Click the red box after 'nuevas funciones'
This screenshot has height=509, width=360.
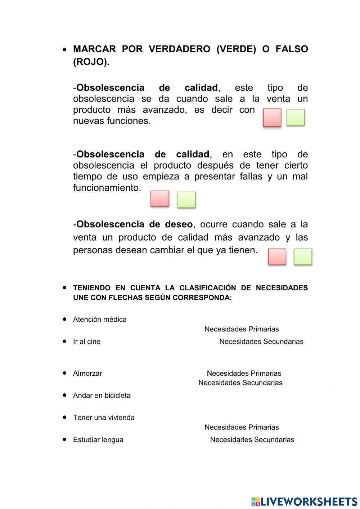click(272, 118)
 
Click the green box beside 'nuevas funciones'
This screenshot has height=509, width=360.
click(296, 117)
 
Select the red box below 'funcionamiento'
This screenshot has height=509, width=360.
click(160, 198)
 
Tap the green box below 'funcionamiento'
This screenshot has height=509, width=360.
click(186, 200)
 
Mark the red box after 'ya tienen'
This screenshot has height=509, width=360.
click(277, 257)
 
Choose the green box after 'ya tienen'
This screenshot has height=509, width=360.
click(303, 257)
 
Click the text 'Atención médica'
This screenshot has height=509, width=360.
click(100, 320)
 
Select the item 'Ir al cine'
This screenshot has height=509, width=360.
click(87, 341)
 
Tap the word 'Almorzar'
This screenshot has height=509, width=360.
click(87, 374)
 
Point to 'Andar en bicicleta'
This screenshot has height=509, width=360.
click(102, 396)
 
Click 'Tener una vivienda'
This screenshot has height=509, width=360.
click(104, 418)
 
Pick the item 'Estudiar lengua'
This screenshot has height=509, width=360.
click(98, 440)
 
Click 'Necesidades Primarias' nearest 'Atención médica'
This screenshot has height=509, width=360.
click(242, 329)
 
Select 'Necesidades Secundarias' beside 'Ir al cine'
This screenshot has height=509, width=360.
click(261, 341)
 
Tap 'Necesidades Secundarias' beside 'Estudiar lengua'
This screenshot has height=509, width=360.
click(252, 440)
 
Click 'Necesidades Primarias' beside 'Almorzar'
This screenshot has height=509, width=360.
click(244, 374)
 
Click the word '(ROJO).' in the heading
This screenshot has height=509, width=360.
click(91, 62)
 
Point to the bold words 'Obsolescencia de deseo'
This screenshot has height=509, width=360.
click(135, 224)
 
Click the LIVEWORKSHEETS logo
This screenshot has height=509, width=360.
click(304, 501)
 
